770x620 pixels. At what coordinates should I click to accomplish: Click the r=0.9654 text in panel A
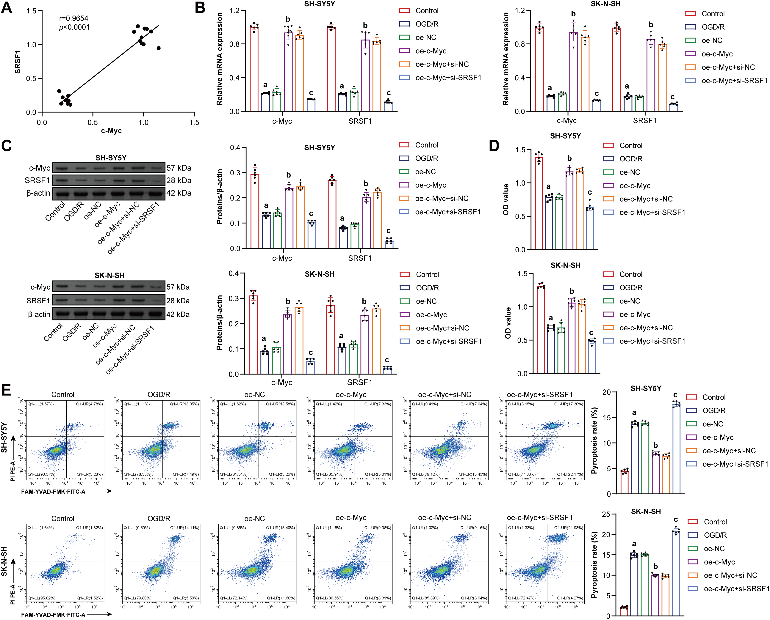coord(74,18)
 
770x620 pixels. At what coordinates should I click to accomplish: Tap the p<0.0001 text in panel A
coord(74,28)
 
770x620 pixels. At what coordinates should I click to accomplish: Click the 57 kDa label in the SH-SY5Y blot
coord(179,168)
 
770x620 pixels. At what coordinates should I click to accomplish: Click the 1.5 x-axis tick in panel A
coord(194,122)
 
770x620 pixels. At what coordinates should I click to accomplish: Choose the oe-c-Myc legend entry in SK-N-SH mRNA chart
coord(717,54)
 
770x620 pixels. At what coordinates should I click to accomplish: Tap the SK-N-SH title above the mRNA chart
coord(606,4)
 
